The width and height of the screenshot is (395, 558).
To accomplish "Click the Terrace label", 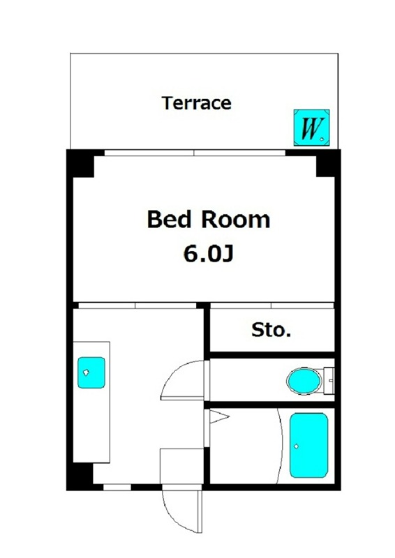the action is click(197, 103).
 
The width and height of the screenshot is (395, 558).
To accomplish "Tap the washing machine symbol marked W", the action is click(312, 128).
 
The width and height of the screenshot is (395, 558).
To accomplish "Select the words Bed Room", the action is click(209, 219).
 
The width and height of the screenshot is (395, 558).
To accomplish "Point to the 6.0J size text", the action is click(209, 254).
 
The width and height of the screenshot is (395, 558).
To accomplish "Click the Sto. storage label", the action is click(271, 330).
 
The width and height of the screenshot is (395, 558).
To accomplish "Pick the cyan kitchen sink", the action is click(91, 372).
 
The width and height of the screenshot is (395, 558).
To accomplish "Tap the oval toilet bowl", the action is click(304, 381).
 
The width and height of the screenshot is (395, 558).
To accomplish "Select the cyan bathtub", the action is click(308, 445).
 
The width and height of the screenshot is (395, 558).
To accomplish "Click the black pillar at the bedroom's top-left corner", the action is click(81, 164).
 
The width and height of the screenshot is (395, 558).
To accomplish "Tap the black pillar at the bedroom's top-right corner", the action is click(328, 164).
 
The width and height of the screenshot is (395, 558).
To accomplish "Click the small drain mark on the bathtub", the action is click(296, 446).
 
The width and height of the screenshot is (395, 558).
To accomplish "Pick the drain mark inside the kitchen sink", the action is click(86, 372).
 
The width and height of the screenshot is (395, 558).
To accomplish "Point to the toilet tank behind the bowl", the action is click(329, 381).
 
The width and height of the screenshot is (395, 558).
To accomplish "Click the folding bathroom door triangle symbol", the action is click(218, 416).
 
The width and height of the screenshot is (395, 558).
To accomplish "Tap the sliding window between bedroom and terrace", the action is click(195, 153).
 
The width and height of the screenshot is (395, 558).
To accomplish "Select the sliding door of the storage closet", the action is click(271, 306).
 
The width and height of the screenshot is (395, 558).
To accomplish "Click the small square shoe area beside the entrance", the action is click(181, 466).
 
